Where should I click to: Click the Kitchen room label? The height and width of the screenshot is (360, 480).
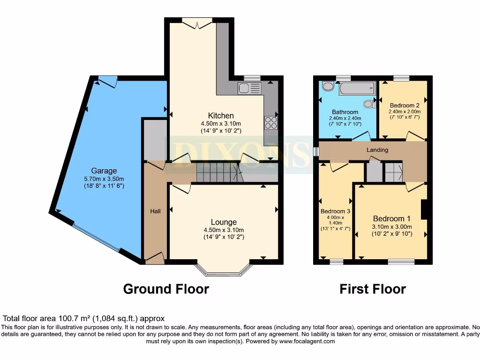click(221, 115)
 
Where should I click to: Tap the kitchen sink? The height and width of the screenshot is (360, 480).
click(249, 88)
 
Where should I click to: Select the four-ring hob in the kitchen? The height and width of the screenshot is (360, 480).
click(271, 122)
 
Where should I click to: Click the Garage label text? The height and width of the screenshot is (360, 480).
click(104, 171)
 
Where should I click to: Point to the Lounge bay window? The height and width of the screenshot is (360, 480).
click(224, 270)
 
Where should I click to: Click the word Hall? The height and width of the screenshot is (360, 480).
click(155, 211)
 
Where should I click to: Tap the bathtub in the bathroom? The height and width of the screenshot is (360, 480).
click(357, 88)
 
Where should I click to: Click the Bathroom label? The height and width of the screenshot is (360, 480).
click(345, 112)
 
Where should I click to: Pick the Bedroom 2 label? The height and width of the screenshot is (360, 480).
click(405, 105)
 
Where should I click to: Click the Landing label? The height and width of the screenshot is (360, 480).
click(377, 150)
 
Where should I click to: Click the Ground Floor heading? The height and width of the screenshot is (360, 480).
click(166, 289)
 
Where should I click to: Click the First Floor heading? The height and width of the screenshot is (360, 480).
click(373, 289)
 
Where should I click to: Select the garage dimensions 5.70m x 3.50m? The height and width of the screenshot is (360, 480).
click(104, 179)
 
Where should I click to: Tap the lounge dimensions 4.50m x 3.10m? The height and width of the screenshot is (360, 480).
click(224, 230)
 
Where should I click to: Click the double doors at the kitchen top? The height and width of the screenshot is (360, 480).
click(197, 22)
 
